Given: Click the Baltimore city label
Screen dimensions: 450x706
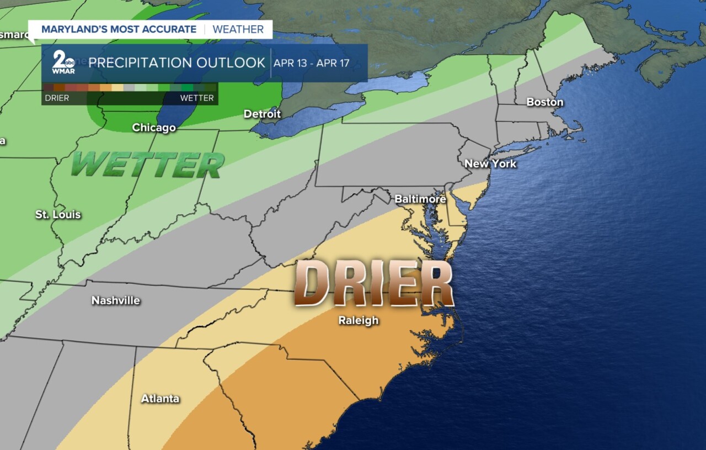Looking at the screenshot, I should (420, 199).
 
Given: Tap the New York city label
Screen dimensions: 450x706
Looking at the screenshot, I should (490, 163).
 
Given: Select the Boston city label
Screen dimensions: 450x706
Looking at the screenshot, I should (544, 102).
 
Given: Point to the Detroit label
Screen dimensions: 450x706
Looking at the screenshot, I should (262, 114).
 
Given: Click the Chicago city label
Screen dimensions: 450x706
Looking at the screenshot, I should (154, 128).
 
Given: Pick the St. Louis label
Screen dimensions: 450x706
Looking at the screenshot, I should (58, 214).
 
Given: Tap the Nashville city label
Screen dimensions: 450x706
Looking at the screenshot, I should (116, 300).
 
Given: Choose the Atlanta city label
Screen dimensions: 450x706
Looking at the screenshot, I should (160, 398).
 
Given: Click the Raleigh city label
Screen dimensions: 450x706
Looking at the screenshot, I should (359, 320).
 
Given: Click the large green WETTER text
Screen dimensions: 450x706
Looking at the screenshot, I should (147, 165).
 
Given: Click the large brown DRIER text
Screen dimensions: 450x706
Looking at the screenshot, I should (373, 284).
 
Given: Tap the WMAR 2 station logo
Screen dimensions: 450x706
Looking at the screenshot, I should (63, 62).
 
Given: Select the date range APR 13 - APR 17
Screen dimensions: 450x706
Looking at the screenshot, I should (319, 63).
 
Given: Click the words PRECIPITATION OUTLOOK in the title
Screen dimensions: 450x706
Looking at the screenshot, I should (176, 63).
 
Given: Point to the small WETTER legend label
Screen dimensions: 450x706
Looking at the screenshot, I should (197, 98).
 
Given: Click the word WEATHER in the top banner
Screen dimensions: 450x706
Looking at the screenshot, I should (238, 29).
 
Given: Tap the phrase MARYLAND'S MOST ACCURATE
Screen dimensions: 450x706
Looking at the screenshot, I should (119, 29).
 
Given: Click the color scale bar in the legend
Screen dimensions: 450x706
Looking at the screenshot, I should (130, 87).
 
